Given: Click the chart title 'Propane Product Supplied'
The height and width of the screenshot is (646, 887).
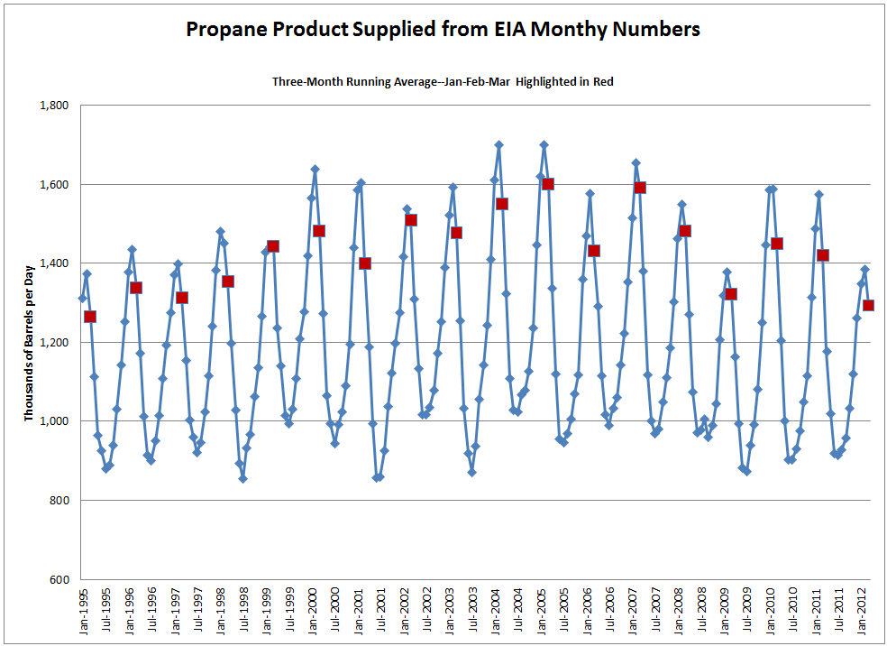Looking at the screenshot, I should point(443,29).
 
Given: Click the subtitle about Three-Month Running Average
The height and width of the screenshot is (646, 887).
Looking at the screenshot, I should point(443,81).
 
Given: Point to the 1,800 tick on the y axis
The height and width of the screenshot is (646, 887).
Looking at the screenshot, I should point(55,106).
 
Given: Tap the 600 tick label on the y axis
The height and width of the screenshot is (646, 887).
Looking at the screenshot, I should point(62,579).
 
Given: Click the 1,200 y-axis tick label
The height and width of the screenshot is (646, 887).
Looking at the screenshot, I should point(55,343).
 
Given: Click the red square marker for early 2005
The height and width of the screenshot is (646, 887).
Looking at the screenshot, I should point(547,184).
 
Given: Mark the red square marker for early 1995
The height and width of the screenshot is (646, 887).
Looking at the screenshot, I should point(90,317).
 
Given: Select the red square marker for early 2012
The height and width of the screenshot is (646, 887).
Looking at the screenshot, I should point(868,305).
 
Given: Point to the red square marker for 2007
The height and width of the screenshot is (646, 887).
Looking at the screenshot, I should point(640,188).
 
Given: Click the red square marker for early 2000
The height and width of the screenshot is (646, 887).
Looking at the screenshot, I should point(319,231).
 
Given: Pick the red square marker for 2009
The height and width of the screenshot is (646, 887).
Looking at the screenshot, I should point(731,294).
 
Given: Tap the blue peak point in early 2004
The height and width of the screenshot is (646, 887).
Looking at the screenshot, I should point(498,144).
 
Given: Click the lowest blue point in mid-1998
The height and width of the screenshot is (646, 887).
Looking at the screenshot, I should point(242,478).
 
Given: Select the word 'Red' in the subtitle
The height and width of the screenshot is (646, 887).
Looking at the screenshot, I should point(603,81).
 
